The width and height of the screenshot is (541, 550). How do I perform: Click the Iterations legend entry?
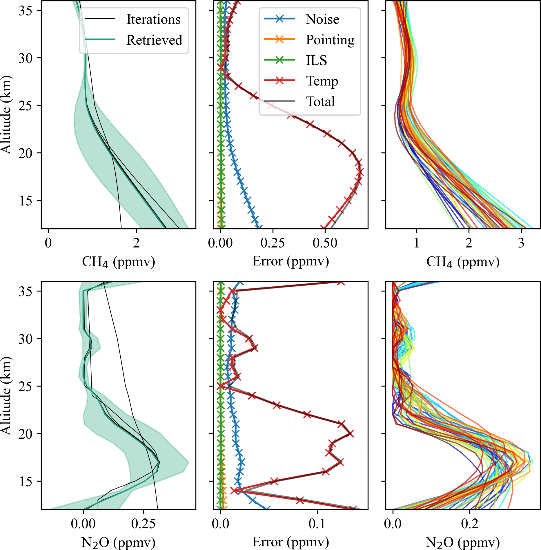tap(153, 19)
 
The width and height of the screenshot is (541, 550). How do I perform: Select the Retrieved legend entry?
tap(154, 40)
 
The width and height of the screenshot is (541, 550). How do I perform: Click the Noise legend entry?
tap(322, 19)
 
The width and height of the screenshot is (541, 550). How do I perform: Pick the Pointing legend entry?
tap(330, 40)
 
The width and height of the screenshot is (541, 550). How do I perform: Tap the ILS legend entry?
tap(316, 60)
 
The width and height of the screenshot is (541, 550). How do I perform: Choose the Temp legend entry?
tap(322, 81)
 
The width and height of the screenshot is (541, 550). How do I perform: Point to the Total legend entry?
tap(320, 101)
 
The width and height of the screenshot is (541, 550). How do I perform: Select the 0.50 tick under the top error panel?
tap(325, 243)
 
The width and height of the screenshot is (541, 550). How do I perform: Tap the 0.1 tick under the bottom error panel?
tap(317, 524)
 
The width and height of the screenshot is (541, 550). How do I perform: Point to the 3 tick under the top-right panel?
tap(521, 243)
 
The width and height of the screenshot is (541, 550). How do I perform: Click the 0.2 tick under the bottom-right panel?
tap(470, 524)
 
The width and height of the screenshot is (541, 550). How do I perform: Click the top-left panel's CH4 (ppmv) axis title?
tap(119, 262)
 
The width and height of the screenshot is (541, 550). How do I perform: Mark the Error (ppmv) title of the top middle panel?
tap(291, 261)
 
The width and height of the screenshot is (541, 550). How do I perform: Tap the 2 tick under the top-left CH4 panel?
tap(136, 243)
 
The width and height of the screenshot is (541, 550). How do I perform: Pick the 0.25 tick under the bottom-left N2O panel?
tap(143, 524)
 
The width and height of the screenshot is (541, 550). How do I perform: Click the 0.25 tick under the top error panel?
tap(273, 243)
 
